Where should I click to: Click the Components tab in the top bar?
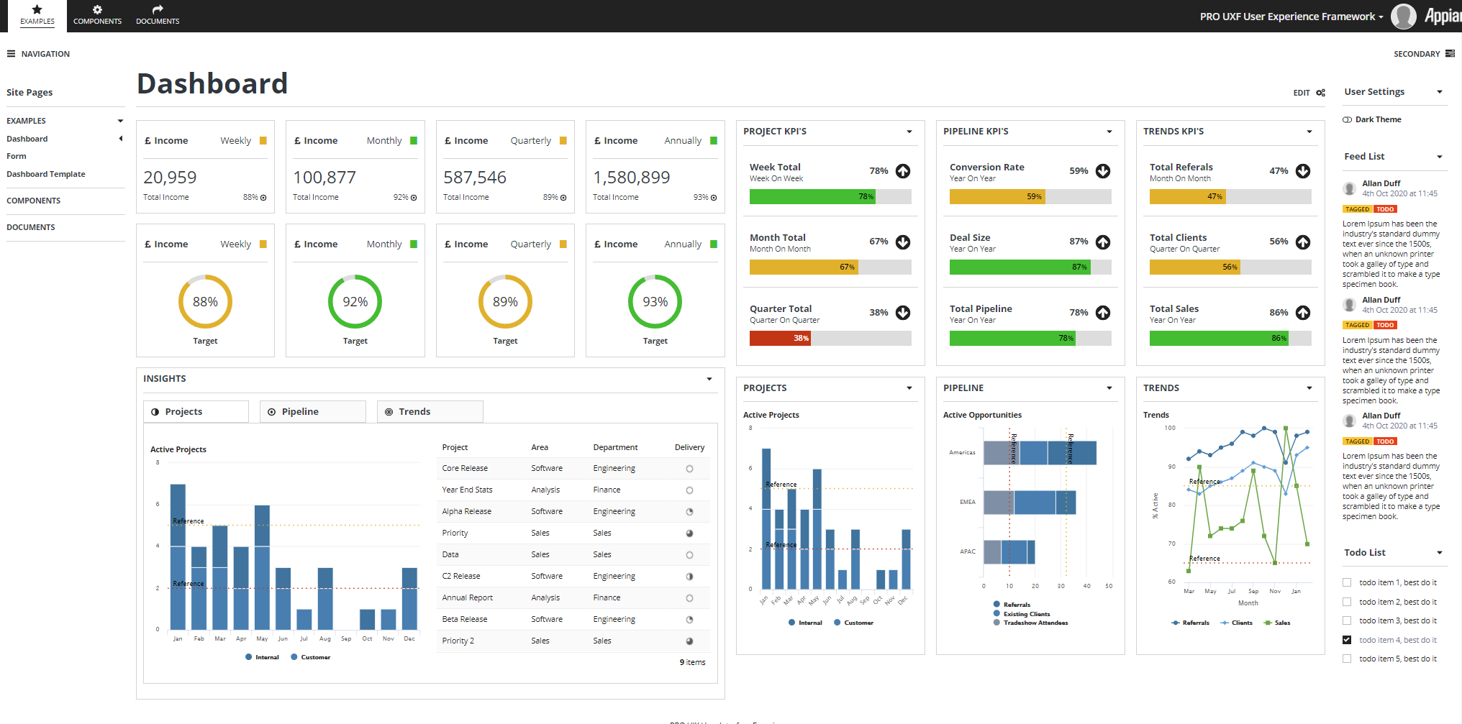(97, 15)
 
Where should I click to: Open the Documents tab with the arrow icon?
(158, 15)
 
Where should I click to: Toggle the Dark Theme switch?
(1347, 120)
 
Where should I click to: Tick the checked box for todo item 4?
(1347, 640)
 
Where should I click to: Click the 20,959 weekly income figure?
(170, 178)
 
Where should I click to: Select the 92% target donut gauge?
(355, 302)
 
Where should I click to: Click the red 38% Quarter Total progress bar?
(780, 338)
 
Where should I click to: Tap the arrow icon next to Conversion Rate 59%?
(1103, 171)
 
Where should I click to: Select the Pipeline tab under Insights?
(312, 412)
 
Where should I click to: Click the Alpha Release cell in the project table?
(466, 511)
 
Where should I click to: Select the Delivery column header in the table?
(689, 447)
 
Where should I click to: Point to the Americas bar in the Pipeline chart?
(1040, 453)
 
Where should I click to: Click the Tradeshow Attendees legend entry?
(1035, 623)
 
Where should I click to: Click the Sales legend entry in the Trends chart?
(1281, 623)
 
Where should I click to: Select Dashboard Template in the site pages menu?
(46, 174)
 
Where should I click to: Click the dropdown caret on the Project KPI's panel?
(909, 132)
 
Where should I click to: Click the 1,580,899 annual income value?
(631, 178)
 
